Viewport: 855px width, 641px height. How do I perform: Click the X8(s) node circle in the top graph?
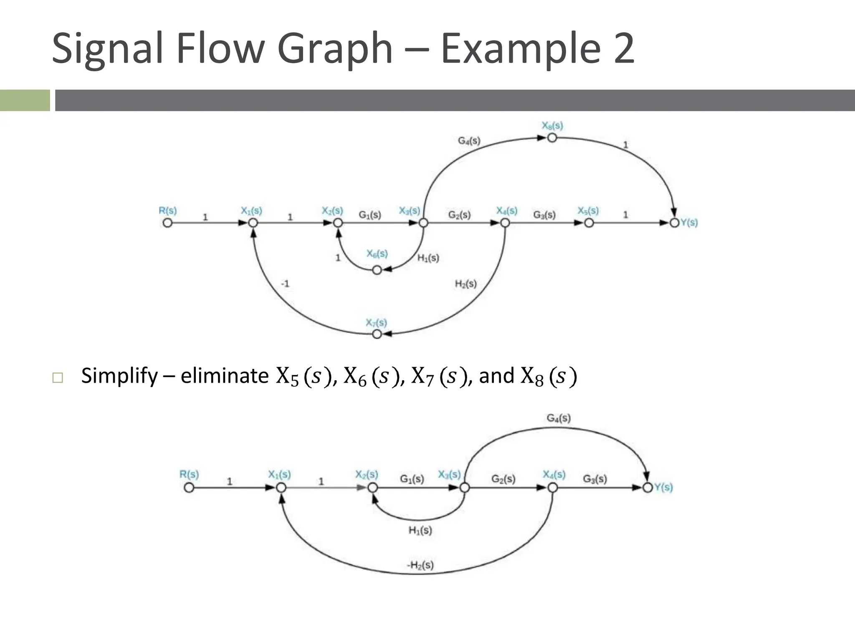(552, 138)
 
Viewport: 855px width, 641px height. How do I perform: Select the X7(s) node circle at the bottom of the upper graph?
(377, 334)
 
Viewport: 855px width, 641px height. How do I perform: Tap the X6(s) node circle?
(377, 270)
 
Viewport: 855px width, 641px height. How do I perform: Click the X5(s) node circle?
(589, 223)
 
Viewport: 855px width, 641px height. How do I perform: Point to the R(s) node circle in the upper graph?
(167, 223)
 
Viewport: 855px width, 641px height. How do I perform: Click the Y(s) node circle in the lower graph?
(648, 487)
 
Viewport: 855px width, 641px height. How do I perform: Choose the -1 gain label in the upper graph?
(285, 284)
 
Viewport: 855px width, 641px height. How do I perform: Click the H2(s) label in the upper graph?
(465, 284)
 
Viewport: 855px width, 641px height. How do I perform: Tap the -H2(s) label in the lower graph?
(420, 565)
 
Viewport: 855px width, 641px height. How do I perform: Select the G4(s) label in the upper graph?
(469, 141)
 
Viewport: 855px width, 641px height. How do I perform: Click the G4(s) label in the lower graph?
(559, 418)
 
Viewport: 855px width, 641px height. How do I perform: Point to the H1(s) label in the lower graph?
(420, 530)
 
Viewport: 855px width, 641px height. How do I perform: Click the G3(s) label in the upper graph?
(544, 215)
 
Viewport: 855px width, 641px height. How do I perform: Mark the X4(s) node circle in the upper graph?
(505, 223)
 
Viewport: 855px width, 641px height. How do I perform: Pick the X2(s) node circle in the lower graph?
(373, 487)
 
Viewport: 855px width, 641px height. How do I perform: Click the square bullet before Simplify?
(58, 378)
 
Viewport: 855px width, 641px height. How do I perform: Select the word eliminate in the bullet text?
(225, 376)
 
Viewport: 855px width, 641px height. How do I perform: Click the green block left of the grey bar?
(25, 101)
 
